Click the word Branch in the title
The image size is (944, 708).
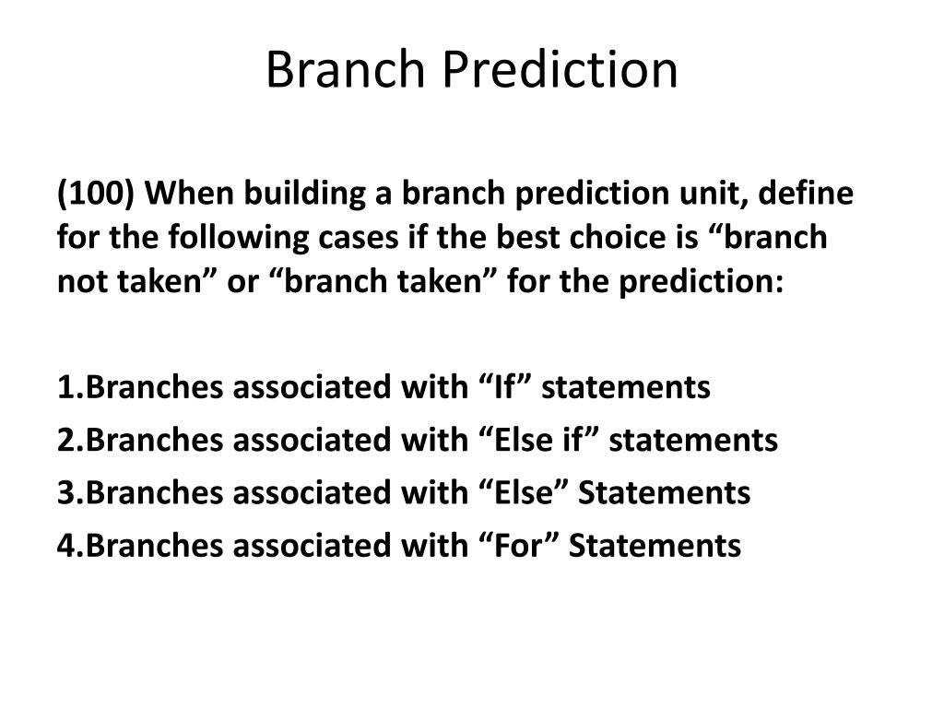[346, 70]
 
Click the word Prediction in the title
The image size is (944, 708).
[560, 70]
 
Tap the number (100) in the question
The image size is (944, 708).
[95, 194]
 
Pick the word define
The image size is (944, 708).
[806, 194]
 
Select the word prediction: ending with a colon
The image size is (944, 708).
[702, 282]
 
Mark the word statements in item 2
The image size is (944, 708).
[693, 441]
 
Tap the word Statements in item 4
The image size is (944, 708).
[655, 546]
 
